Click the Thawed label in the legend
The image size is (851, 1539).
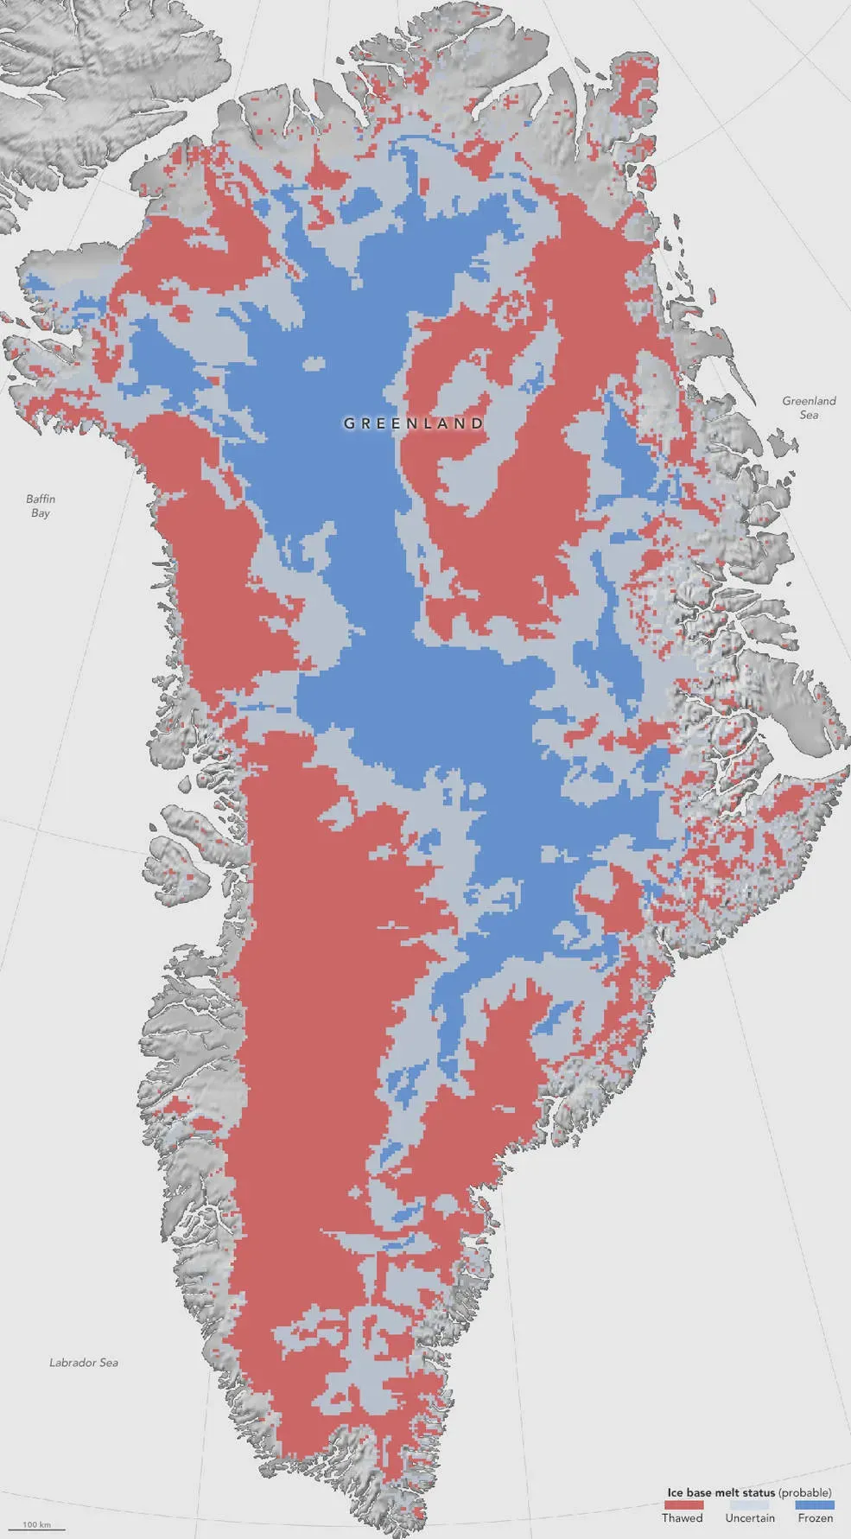coord(682,1517)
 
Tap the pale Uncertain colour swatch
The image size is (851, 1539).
coord(749,1504)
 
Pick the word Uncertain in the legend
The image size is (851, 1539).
coord(749,1517)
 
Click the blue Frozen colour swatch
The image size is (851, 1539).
coord(815,1504)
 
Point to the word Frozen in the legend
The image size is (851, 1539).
coord(815,1517)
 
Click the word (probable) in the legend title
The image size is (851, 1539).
coord(804,1492)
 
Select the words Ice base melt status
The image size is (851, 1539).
coord(721,1492)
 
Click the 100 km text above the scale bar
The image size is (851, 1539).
coord(36,1523)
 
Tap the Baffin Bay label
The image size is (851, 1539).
coord(41,506)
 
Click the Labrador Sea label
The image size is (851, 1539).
coord(83,1363)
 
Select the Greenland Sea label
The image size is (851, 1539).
coord(809,407)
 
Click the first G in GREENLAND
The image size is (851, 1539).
coord(349,423)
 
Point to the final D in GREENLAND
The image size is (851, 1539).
coord(478,423)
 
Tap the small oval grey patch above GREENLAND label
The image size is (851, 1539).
coord(314,364)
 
